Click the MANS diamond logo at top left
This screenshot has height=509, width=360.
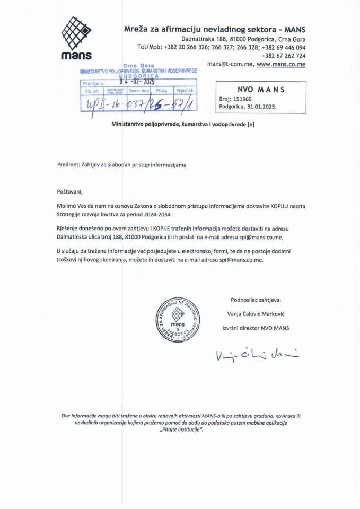coord(76,33)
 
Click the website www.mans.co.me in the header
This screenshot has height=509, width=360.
coord(281,64)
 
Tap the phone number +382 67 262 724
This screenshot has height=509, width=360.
coord(284,56)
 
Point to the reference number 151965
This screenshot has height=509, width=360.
coord(242,99)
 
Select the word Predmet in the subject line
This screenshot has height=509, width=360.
coord(67,165)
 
